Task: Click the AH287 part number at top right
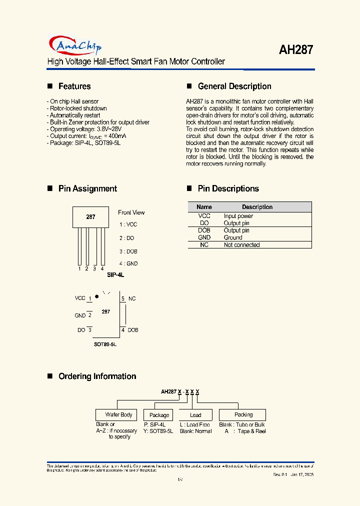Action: click(x=296, y=49)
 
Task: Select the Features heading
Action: click(x=74, y=86)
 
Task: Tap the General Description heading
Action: click(x=234, y=86)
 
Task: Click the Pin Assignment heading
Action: click(x=87, y=188)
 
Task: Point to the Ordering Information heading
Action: click(x=97, y=376)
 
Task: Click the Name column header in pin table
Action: click(x=204, y=207)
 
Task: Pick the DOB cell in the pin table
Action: click(x=204, y=230)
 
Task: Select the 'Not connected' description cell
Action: click(x=241, y=245)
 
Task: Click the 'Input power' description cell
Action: click(x=238, y=216)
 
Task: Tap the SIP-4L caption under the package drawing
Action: click(x=115, y=275)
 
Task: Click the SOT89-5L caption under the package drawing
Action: click(x=105, y=344)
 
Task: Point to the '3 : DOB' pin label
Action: click(x=128, y=251)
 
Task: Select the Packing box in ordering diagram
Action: click(x=243, y=415)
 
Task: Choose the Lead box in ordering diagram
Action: click(x=195, y=415)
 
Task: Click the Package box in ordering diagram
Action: click(x=159, y=415)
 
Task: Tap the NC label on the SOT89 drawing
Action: click(x=132, y=298)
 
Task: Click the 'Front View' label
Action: click(x=131, y=212)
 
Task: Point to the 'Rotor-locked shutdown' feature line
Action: click(x=78, y=108)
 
